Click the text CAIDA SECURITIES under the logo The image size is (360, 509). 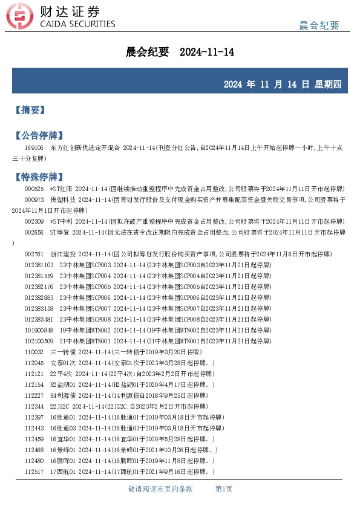coord(77,24)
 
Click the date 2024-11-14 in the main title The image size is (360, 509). coord(207,53)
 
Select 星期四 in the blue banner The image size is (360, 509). coord(329,84)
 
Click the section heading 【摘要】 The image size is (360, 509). coord(30,110)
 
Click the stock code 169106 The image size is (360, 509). coord(34,148)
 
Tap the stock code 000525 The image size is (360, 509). coord(34,189)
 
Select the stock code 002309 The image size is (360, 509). coord(34,222)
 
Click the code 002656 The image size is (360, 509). coord(34,233)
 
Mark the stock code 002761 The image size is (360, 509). coord(34,254)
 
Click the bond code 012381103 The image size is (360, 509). coord(39,265)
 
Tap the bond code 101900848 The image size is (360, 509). coord(39,331)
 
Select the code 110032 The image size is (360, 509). coord(34,352)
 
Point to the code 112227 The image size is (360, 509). coord(34,395)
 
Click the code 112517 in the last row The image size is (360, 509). coord(34,472)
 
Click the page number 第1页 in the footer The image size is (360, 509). coord(224,489)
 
